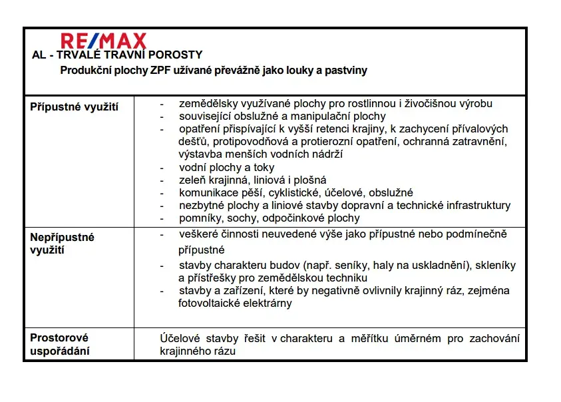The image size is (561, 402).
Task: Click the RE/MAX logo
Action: point(103,41)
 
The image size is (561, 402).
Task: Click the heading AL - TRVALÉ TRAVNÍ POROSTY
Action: point(117,55)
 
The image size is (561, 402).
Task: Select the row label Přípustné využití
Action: point(75,106)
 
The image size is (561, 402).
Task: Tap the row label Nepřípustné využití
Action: point(63,243)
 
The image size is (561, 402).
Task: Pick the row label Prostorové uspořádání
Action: point(59,344)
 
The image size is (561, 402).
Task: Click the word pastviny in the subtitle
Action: point(346,70)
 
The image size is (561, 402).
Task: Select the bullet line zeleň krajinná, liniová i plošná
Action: point(252,180)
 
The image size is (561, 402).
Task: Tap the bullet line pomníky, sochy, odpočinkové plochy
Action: point(269,218)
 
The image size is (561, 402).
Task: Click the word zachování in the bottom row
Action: point(494,338)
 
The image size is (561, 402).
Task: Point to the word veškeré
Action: point(198,234)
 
